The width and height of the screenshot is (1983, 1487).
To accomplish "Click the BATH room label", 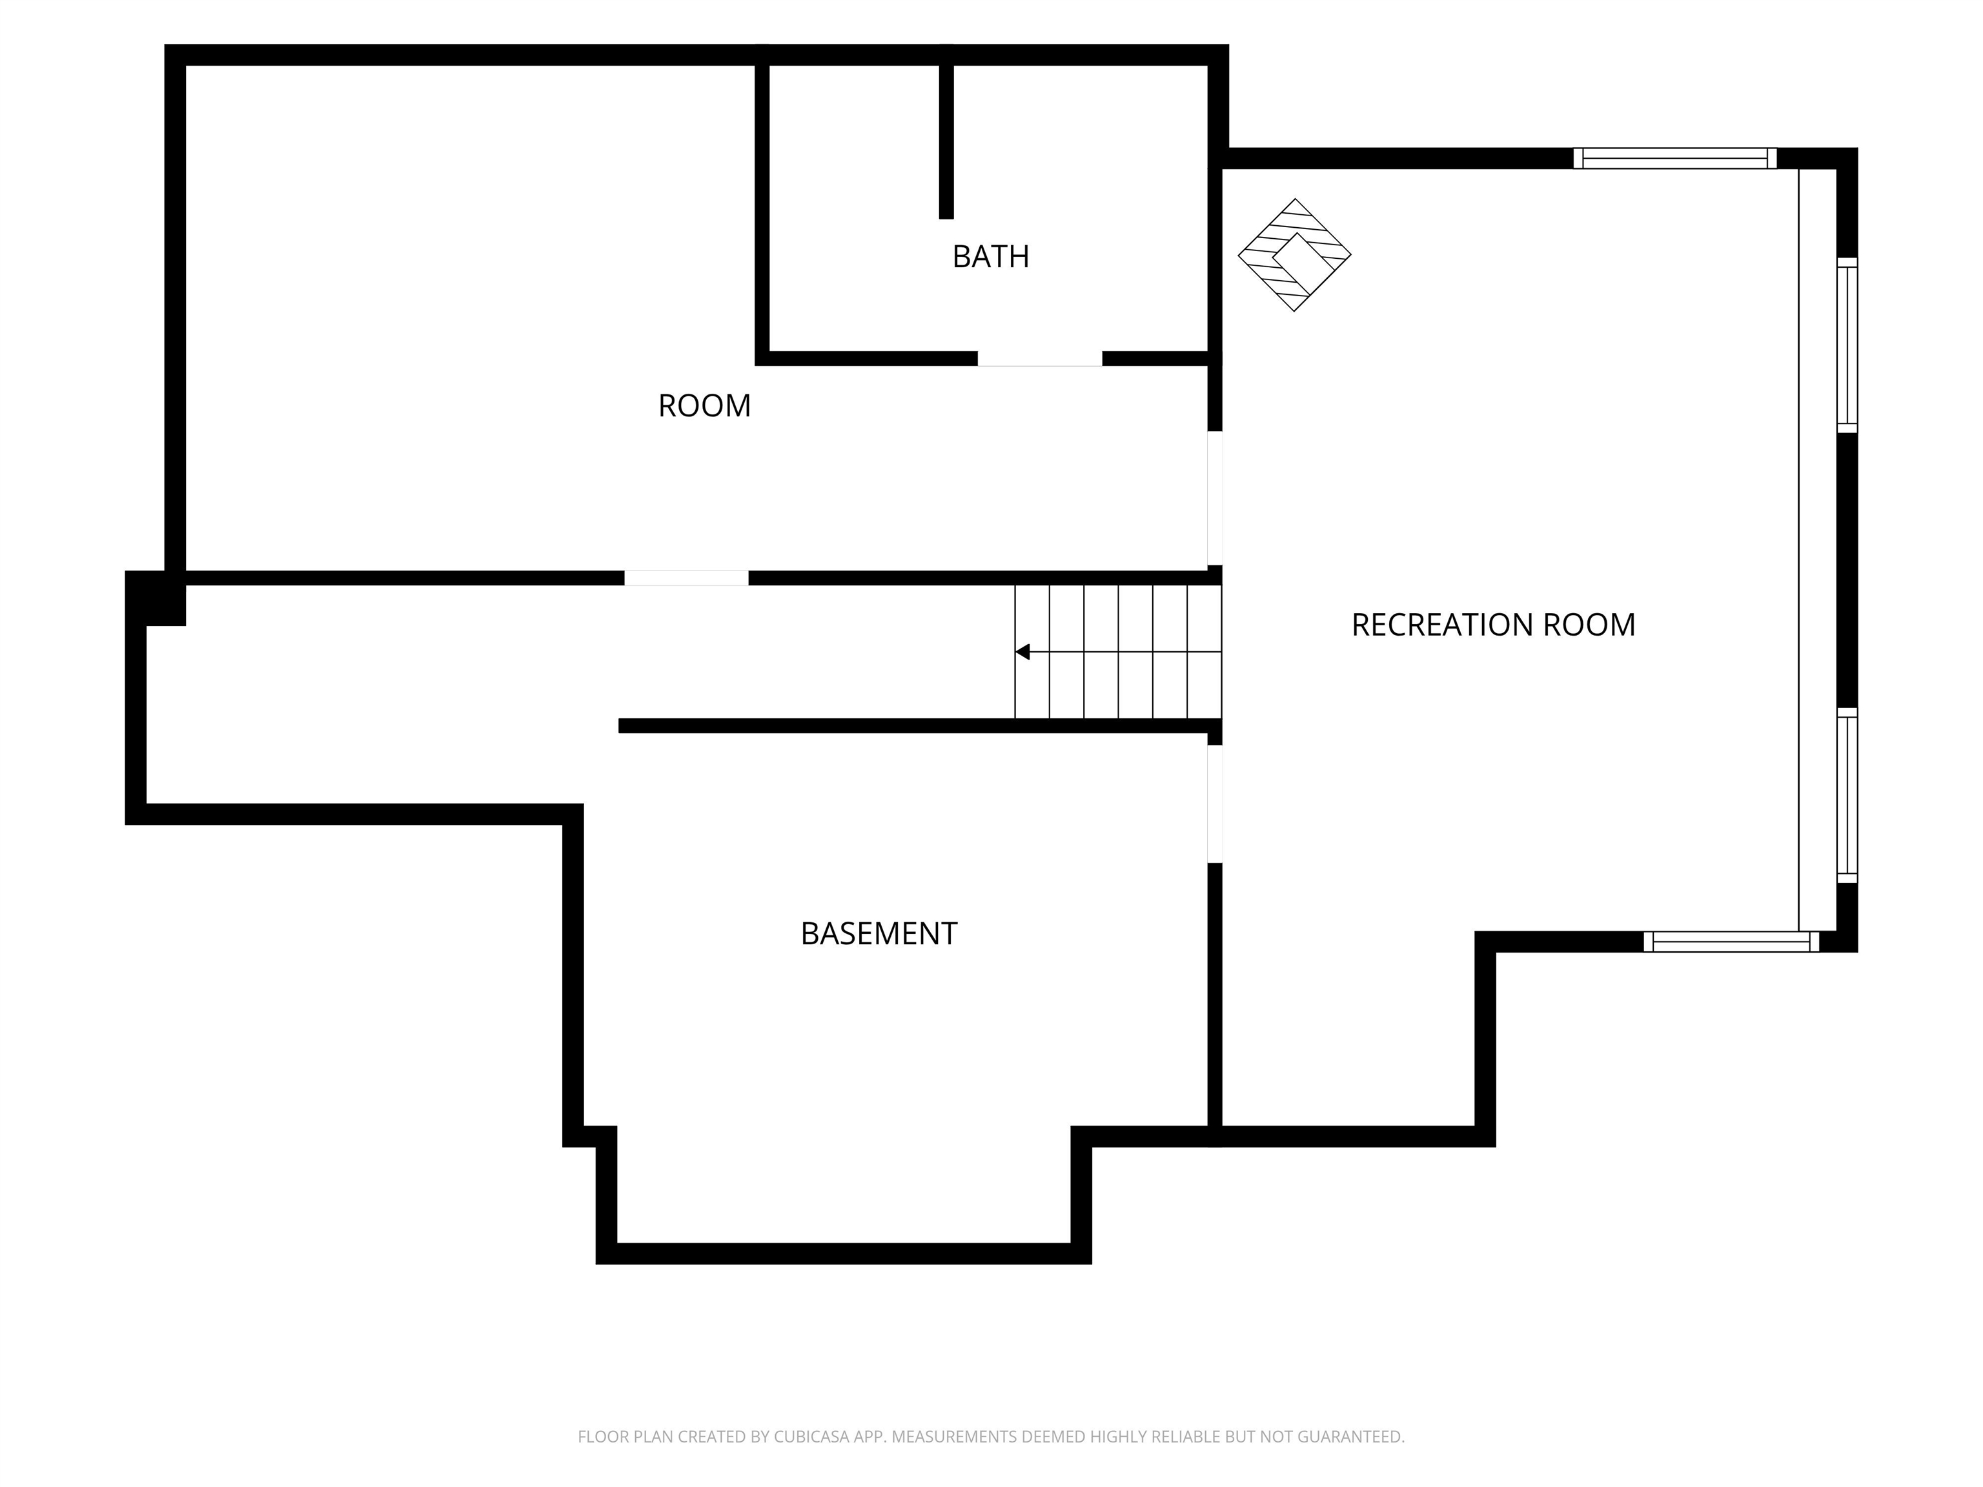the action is coord(991,258).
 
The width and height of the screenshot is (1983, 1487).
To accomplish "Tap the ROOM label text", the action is coord(705,406).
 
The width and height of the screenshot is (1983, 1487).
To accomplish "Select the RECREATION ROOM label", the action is coord(1494,625).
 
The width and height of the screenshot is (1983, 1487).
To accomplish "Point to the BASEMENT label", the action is coord(879,934).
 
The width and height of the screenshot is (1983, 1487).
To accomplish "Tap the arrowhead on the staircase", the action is coord(1022,652).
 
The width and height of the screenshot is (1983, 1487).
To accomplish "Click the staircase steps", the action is coord(1118,652).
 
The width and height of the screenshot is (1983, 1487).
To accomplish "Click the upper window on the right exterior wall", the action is coord(1847,345).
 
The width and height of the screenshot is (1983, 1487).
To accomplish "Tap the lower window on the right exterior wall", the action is coord(1847,795).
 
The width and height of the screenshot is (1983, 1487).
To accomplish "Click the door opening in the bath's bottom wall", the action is coord(1040,359).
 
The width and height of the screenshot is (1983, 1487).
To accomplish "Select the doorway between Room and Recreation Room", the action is coord(1215,498).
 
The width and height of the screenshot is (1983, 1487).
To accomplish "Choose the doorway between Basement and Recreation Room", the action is coord(1215,804).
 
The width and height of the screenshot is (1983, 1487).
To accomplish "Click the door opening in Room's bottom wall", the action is coord(687,578).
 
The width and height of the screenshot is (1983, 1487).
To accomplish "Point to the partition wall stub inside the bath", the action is coord(946,141).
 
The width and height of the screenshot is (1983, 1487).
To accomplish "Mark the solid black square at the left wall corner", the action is coord(155,598).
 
